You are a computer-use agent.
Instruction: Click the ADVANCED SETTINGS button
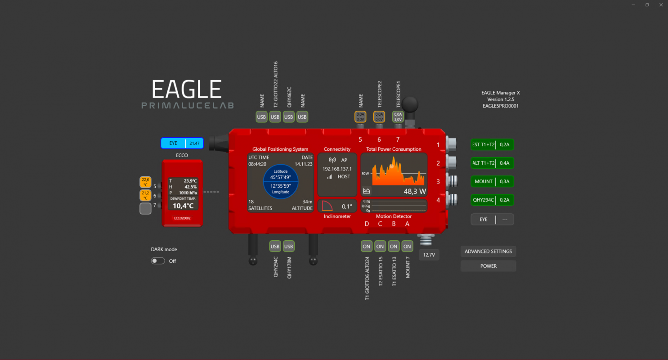[488, 252]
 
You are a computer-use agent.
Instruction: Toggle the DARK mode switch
[158, 261]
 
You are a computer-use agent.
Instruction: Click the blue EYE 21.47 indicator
[182, 143]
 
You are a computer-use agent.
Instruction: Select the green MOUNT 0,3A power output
[492, 181]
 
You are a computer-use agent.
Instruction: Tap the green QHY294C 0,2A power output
[492, 200]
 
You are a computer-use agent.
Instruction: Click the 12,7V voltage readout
[429, 255]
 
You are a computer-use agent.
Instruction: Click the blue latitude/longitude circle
[280, 181]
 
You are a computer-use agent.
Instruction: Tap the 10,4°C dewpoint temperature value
[183, 206]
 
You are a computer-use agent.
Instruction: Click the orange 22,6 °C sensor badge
[145, 182]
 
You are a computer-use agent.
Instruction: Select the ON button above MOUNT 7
[407, 246]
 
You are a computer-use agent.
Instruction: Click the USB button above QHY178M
[289, 246]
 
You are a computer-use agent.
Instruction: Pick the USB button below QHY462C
[289, 117]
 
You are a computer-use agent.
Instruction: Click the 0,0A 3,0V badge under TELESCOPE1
[398, 117]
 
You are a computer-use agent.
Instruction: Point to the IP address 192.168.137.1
[337, 169]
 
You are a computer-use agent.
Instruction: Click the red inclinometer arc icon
[327, 207]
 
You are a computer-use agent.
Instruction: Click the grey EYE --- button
[492, 219]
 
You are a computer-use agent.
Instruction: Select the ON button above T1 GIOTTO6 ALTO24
[367, 246]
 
